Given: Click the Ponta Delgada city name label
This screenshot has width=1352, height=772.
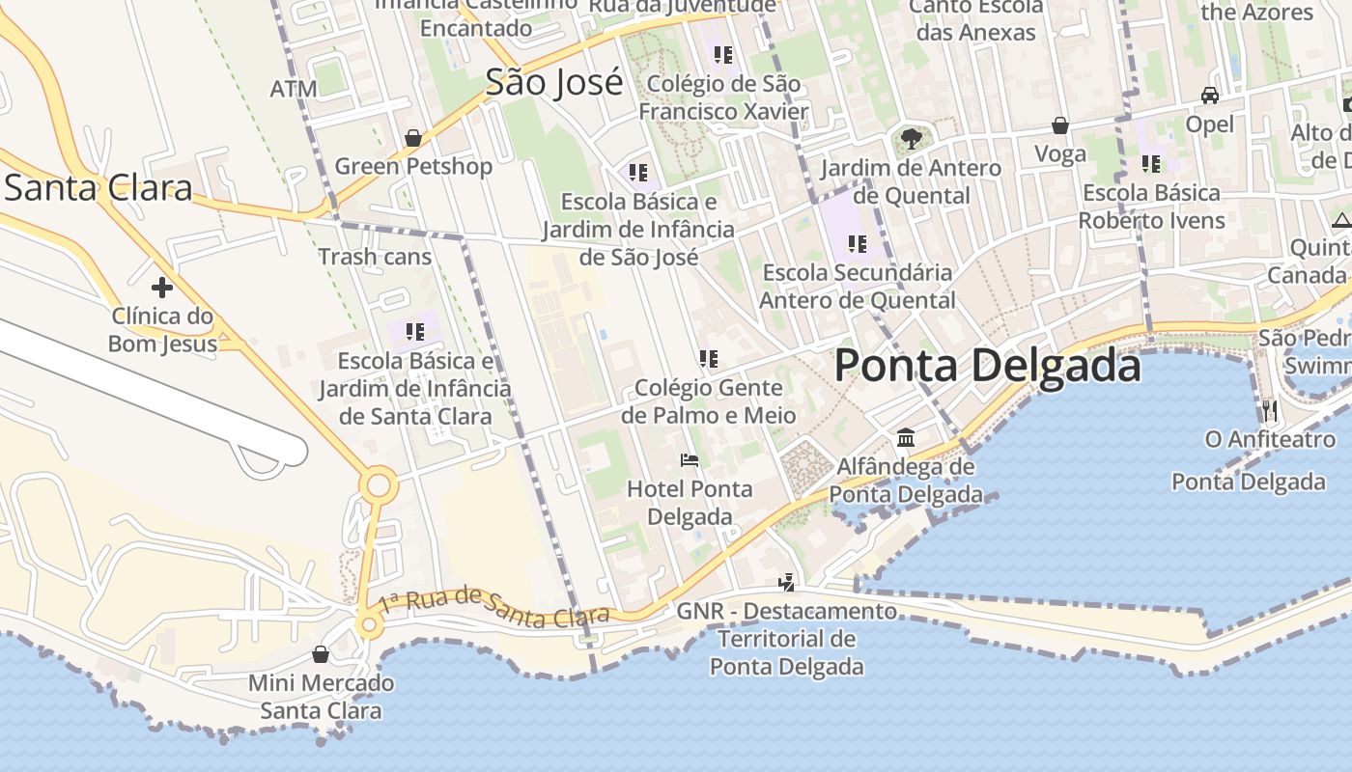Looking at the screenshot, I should click(x=987, y=366).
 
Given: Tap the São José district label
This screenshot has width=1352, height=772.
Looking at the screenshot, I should click(x=553, y=83).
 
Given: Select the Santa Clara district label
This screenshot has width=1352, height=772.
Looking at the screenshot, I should click(x=98, y=187).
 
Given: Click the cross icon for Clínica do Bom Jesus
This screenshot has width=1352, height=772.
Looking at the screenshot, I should click(x=162, y=288).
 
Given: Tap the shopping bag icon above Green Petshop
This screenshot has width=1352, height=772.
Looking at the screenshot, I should click(x=413, y=138).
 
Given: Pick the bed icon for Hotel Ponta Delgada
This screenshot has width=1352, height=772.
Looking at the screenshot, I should click(x=690, y=459).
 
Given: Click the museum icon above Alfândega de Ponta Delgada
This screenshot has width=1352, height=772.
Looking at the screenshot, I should click(x=906, y=438).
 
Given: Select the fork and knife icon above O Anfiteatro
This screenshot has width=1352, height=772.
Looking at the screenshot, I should click(x=1269, y=411).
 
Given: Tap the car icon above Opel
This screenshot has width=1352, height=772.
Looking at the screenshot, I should click(x=1209, y=96).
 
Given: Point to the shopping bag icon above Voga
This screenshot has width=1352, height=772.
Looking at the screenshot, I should click(x=1060, y=125).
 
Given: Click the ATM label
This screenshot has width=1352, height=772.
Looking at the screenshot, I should click(x=294, y=90).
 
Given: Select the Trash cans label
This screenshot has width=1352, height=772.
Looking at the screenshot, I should click(x=375, y=257).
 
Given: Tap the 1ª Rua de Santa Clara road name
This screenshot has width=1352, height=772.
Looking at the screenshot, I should click(x=493, y=605).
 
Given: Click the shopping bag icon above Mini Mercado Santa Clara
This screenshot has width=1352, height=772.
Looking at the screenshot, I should click(x=321, y=655).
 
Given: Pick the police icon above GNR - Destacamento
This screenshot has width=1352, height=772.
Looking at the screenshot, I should click(x=787, y=582).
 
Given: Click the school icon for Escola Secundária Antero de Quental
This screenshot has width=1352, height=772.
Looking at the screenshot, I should click(x=857, y=244).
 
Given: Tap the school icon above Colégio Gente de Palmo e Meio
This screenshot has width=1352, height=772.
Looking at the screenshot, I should click(x=709, y=359).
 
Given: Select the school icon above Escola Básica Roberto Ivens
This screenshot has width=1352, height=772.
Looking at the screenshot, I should click(x=1150, y=164).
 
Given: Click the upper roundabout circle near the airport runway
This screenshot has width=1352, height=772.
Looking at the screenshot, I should click(x=378, y=484).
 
